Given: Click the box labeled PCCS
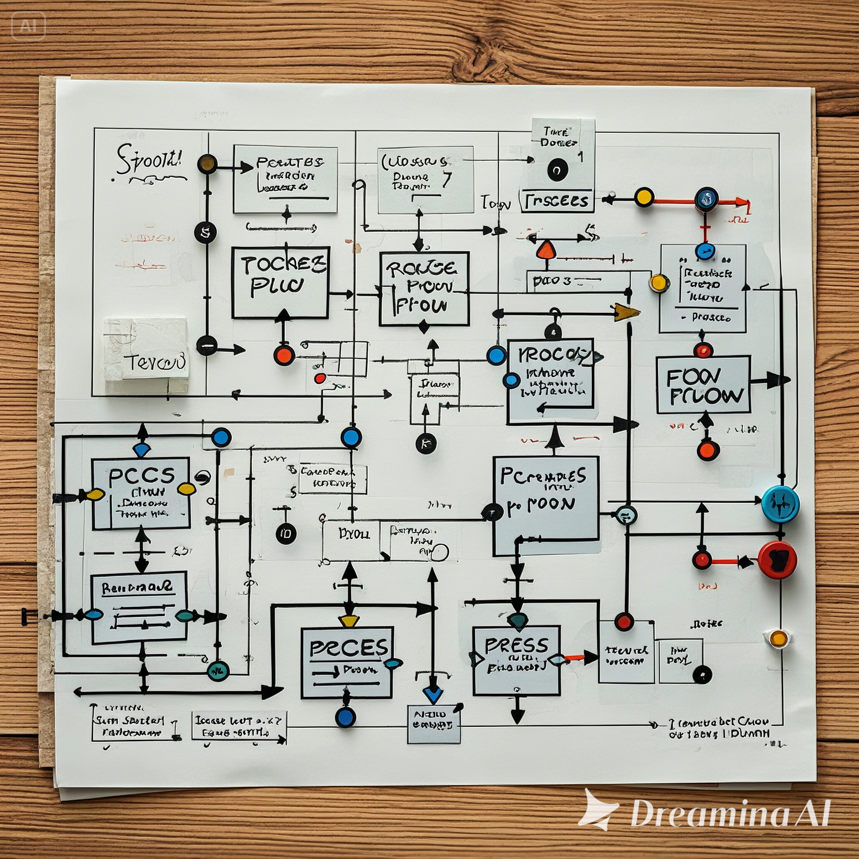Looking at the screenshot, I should (x=141, y=494).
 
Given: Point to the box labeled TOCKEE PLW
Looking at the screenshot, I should (x=280, y=283).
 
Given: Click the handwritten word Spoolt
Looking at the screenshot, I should (x=149, y=165).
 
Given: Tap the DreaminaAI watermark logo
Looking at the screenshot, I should (x=707, y=814).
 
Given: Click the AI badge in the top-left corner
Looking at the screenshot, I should (x=29, y=26).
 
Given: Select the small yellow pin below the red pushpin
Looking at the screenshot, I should (x=778, y=638).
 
